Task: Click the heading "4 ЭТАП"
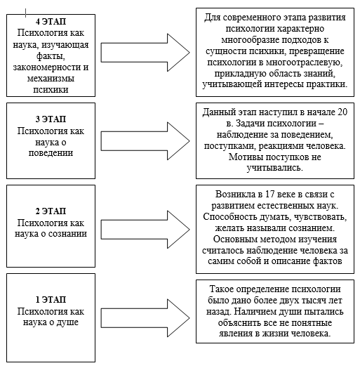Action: pos(51,21)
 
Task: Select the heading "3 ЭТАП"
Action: pos(51,119)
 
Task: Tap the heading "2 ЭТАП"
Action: pos(51,211)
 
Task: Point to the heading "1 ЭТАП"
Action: pos(51,300)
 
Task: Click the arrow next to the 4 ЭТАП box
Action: pos(145,53)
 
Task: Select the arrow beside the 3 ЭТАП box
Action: pos(145,141)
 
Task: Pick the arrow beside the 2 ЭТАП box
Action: pos(145,230)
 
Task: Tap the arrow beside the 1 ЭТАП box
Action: pos(145,318)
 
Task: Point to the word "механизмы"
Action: pos(51,79)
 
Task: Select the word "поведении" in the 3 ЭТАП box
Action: pos(51,153)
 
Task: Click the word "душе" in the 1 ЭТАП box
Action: pos(67,322)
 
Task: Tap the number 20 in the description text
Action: pos(342,112)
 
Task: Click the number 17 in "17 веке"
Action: pos(270,195)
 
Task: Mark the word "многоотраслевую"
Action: pos(302,63)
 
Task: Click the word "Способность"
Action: pos(230,217)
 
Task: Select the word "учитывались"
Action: pos(275,168)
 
